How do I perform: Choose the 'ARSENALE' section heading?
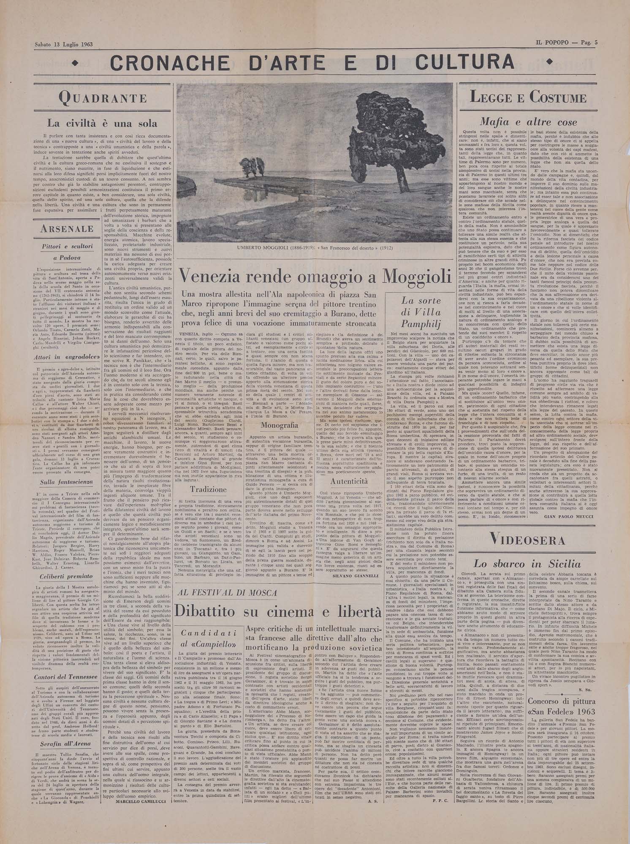click(x=68, y=229)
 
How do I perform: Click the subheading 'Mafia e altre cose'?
click(x=528, y=122)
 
